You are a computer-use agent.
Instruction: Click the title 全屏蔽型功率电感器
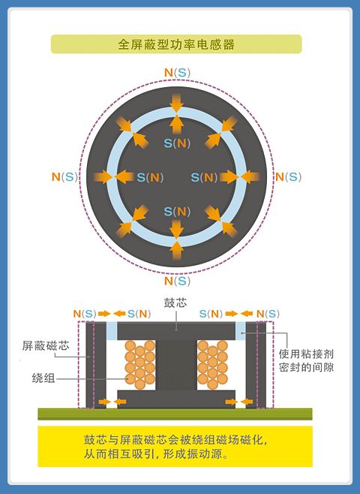point(176,44)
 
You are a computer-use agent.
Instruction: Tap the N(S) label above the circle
point(178,73)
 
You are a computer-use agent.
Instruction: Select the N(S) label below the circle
point(178,281)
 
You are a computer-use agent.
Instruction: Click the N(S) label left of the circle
point(64,176)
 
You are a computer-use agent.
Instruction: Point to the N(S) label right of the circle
point(288,176)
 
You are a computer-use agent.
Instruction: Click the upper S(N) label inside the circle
point(177,143)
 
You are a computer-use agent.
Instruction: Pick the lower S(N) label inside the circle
point(177,212)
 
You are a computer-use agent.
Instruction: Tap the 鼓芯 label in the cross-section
point(175,303)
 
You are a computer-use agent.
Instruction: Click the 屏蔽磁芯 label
point(46,345)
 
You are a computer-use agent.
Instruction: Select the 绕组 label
point(43,378)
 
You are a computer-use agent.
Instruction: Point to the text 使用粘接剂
point(306,354)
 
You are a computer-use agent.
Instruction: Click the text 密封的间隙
point(306,367)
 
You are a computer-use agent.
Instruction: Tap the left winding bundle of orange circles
point(140,364)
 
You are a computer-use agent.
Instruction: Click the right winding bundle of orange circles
point(213,364)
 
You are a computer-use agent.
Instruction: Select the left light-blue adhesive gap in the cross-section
point(112,331)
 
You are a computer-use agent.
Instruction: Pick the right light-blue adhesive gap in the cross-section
point(241,331)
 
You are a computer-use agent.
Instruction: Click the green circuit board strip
point(175,414)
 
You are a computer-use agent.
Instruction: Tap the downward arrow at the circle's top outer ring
point(176,103)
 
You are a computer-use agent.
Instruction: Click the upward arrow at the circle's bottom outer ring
point(176,250)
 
